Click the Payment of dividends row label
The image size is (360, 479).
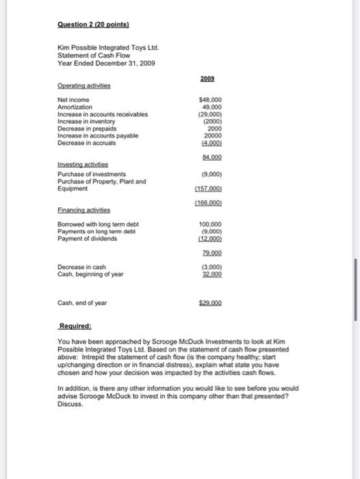tap(86, 237)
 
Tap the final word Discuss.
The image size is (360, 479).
tap(70, 402)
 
